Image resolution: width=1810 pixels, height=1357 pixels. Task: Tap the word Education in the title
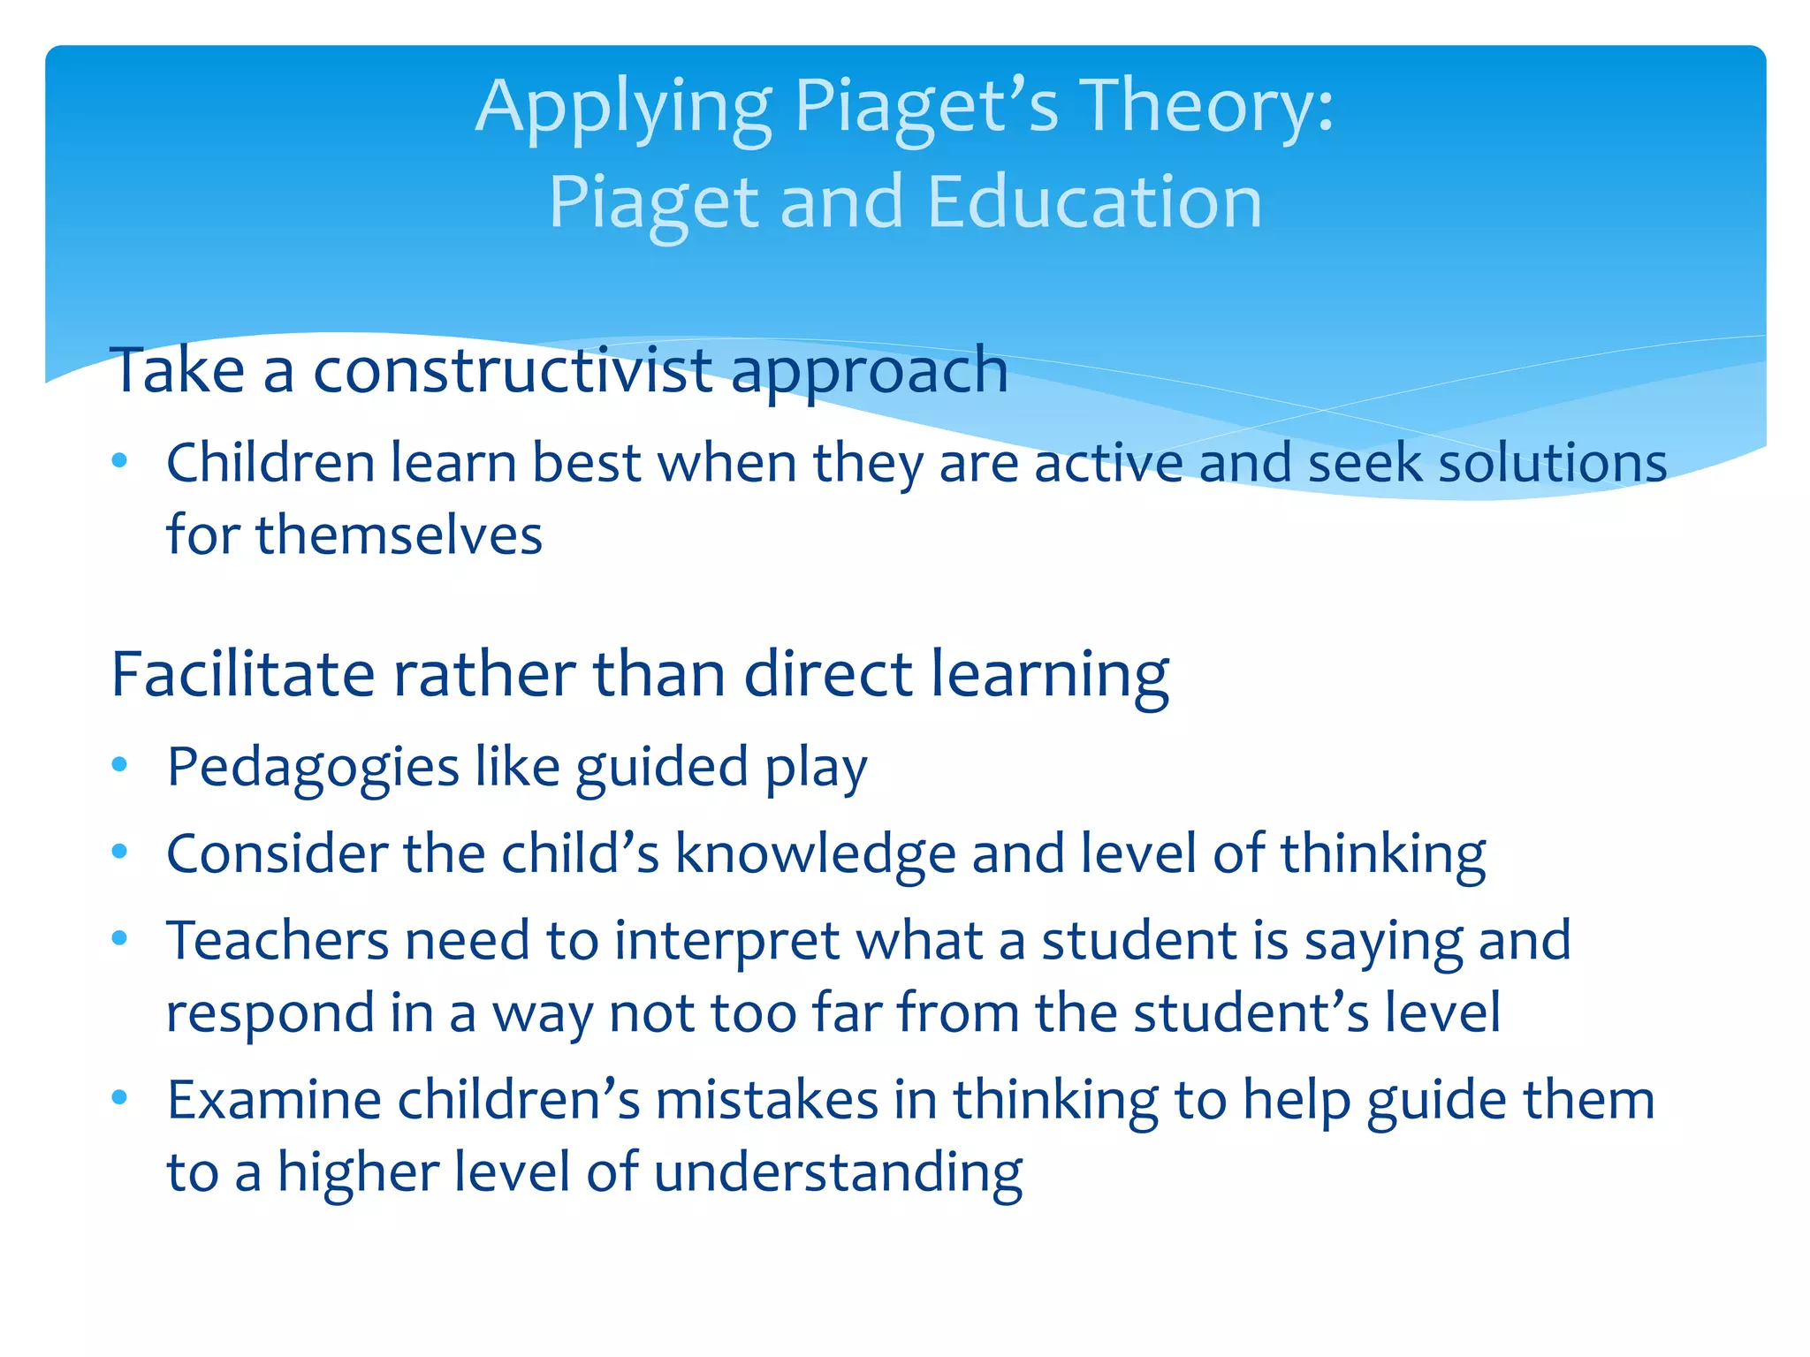[x=1095, y=202]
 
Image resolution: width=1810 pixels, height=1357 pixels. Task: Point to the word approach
[x=870, y=373]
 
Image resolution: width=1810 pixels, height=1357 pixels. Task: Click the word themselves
[x=399, y=535]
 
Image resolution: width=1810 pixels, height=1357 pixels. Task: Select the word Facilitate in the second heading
[x=243, y=675]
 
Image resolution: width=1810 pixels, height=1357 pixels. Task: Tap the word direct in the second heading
[x=829, y=675]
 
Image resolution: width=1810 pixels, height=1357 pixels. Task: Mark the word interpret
[x=726, y=943]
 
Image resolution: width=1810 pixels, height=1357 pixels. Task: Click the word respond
[x=270, y=1015]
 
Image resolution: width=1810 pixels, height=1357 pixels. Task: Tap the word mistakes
[x=766, y=1100]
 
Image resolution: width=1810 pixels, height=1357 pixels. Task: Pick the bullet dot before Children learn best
[x=120, y=460]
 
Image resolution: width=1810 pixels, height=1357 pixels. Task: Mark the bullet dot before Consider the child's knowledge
[x=120, y=852]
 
